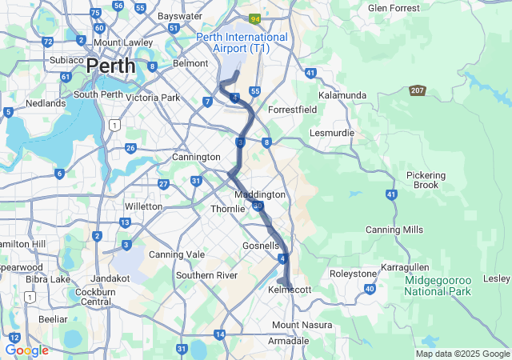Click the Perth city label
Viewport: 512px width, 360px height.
[x=110, y=66]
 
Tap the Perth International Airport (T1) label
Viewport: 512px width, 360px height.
[x=242, y=42]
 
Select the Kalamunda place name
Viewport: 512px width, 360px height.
[x=342, y=95]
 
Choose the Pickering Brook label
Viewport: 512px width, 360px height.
[x=426, y=180]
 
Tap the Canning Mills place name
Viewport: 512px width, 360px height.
[x=394, y=230]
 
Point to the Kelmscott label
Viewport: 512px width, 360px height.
[x=290, y=289]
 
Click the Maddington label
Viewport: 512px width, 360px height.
[x=259, y=194]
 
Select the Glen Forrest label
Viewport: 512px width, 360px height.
[x=394, y=8]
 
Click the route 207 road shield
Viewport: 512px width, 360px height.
[x=418, y=91]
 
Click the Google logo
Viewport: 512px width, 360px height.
[x=26, y=350]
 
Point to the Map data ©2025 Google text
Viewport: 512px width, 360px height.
[x=462, y=354]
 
